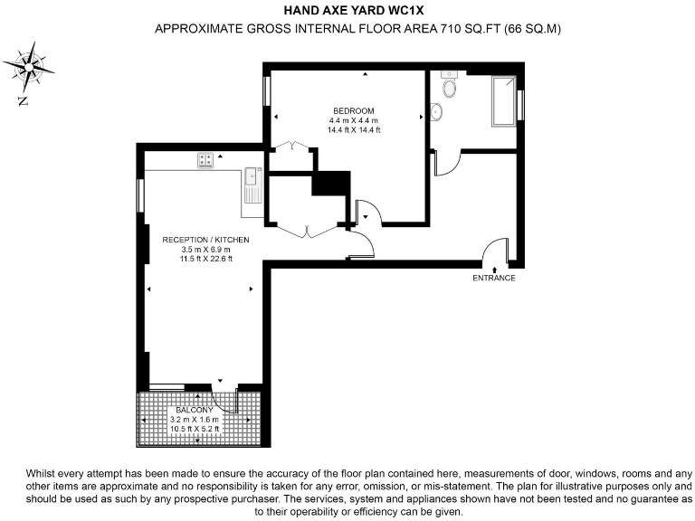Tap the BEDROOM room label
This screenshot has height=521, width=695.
[x=353, y=110]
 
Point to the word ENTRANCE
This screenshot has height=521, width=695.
[x=494, y=278]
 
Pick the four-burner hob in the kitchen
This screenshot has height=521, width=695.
[x=207, y=160]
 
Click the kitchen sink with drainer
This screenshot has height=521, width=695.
[x=252, y=185]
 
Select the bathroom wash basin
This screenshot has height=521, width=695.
[x=437, y=111]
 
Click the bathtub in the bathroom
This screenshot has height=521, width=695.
[x=502, y=101]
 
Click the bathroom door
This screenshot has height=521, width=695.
[x=446, y=162]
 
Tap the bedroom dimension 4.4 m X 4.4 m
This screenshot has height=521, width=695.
[x=353, y=120]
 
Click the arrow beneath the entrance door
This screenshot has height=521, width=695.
[x=494, y=268]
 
